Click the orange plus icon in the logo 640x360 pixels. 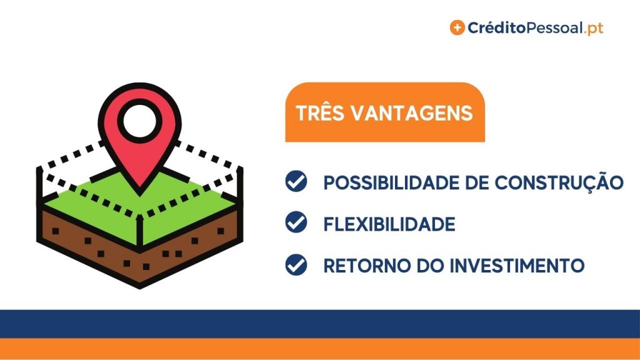pyautogui.click(x=457, y=27)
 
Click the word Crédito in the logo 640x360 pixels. pyautogui.click(x=496, y=27)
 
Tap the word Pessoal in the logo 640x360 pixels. pyautogui.click(x=554, y=28)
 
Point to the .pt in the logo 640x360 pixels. pyautogui.click(x=594, y=29)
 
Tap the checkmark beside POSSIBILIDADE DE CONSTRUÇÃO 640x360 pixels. pyautogui.click(x=296, y=181)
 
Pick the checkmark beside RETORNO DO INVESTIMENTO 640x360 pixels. pyautogui.click(x=296, y=264)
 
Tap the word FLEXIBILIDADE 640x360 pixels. pyautogui.click(x=389, y=224)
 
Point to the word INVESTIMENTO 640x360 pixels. pyautogui.click(x=517, y=266)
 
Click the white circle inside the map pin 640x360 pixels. pyautogui.click(x=139, y=121)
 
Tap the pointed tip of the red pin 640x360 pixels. pyautogui.click(x=139, y=194)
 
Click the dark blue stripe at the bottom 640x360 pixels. pyautogui.click(x=320, y=324)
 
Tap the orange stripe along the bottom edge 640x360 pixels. pyautogui.click(x=320, y=349)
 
